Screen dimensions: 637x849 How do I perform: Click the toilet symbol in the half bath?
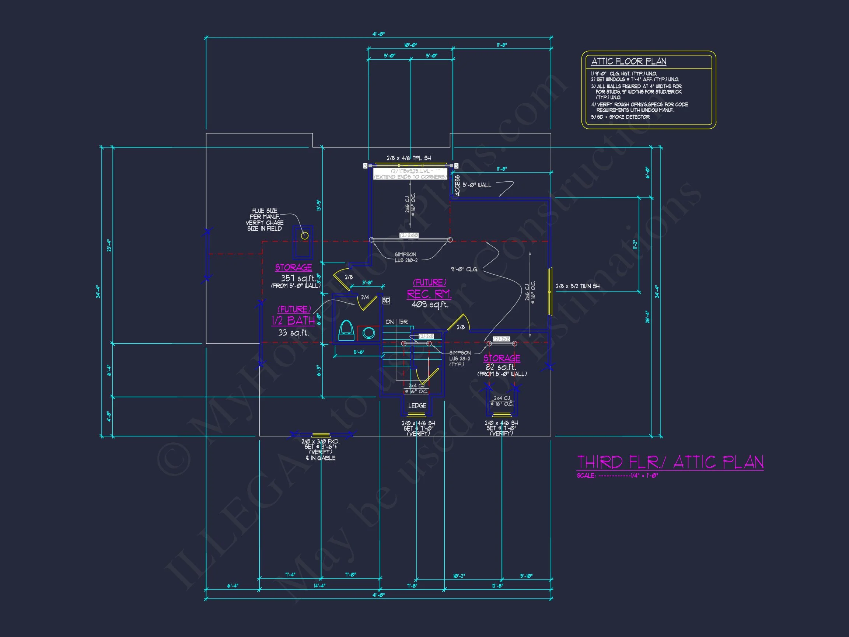(346, 330)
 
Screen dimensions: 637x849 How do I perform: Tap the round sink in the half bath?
(369, 333)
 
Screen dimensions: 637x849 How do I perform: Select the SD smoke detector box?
(386, 300)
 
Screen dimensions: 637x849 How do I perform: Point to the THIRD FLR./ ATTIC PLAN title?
(670, 462)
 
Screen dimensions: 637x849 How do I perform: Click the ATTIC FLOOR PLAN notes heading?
(629, 62)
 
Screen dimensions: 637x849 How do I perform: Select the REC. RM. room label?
(429, 294)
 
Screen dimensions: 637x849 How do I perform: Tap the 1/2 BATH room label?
(293, 320)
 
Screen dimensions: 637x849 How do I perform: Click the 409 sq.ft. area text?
(430, 304)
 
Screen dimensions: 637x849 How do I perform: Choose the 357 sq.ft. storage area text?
(298, 278)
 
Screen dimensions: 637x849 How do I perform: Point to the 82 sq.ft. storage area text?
(501, 367)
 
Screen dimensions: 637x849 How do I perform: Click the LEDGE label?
(417, 405)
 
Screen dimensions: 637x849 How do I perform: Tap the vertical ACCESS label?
(457, 186)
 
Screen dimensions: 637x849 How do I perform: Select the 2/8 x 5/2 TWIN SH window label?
(578, 286)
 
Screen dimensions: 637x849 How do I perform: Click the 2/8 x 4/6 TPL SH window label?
(409, 158)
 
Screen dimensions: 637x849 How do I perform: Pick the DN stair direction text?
(389, 322)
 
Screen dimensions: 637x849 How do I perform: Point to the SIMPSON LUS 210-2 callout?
(406, 257)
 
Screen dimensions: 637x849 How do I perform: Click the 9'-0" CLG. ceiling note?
(464, 269)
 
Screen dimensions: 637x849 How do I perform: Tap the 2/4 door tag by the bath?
(365, 297)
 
